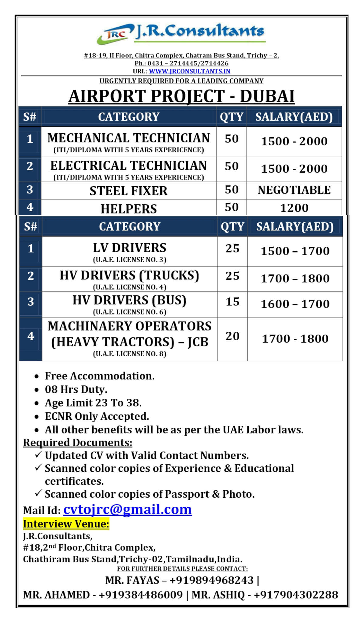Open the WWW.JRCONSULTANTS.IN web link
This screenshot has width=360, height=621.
[x=189, y=71]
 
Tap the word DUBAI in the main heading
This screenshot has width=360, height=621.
[x=267, y=96]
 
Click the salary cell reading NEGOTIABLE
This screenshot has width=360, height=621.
[x=294, y=190]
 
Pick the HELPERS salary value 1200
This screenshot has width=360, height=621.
[x=294, y=208]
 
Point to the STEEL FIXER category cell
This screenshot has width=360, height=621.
[x=129, y=191]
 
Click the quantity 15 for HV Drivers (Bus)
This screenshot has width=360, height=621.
[x=232, y=302]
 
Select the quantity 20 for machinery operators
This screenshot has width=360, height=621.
[x=232, y=336]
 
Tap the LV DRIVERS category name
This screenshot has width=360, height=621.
[x=129, y=248]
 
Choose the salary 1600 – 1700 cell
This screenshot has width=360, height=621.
[x=295, y=304]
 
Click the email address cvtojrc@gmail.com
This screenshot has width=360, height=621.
[x=127, y=509]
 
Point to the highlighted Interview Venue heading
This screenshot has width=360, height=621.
[x=66, y=524]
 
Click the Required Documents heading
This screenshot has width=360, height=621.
[x=78, y=443]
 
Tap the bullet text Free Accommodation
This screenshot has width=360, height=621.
[x=100, y=376]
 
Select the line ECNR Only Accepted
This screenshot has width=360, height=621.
[x=97, y=416]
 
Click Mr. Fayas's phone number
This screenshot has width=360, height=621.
[x=211, y=580]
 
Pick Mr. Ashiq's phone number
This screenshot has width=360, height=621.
[x=296, y=595]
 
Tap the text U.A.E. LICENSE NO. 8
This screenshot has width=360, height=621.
[x=129, y=354]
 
